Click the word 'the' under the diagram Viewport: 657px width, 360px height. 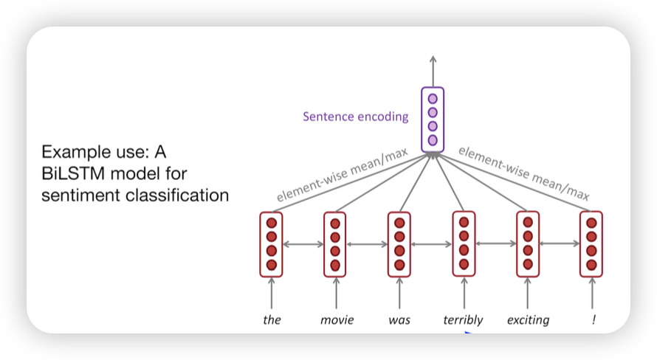pyautogui.click(x=272, y=320)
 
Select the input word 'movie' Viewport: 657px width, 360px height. pyautogui.click(x=337, y=320)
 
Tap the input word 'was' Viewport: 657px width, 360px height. pyautogui.click(x=399, y=320)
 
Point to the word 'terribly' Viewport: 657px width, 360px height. pyautogui.click(x=463, y=320)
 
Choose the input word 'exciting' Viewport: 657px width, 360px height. pyautogui.click(x=528, y=320)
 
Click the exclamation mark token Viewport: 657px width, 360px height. pyautogui.click(x=591, y=320)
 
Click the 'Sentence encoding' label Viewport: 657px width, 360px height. pyautogui.click(x=355, y=117)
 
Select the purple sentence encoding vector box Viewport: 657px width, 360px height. pyautogui.click(x=433, y=120)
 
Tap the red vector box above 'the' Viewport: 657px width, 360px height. pyautogui.click(x=272, y=244)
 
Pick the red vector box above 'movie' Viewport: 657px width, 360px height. pyautogui.click(x=336, y=244)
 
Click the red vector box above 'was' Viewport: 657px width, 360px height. pyautogui.click(x=399, y=244)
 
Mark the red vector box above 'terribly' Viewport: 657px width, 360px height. pyautogui.click(x=464, y=244)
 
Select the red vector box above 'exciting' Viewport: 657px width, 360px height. pyautogui.click(x=527, y=244)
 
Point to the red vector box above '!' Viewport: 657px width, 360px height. pyautogui.click(x=591, y=244)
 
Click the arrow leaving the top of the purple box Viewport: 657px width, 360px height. pyautogui.click(x=433, y=71)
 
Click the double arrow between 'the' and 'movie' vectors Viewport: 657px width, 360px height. pyautogui.click(x=303, y=244)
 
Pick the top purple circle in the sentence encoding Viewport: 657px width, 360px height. pyautogui.click(x=433, y=99)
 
